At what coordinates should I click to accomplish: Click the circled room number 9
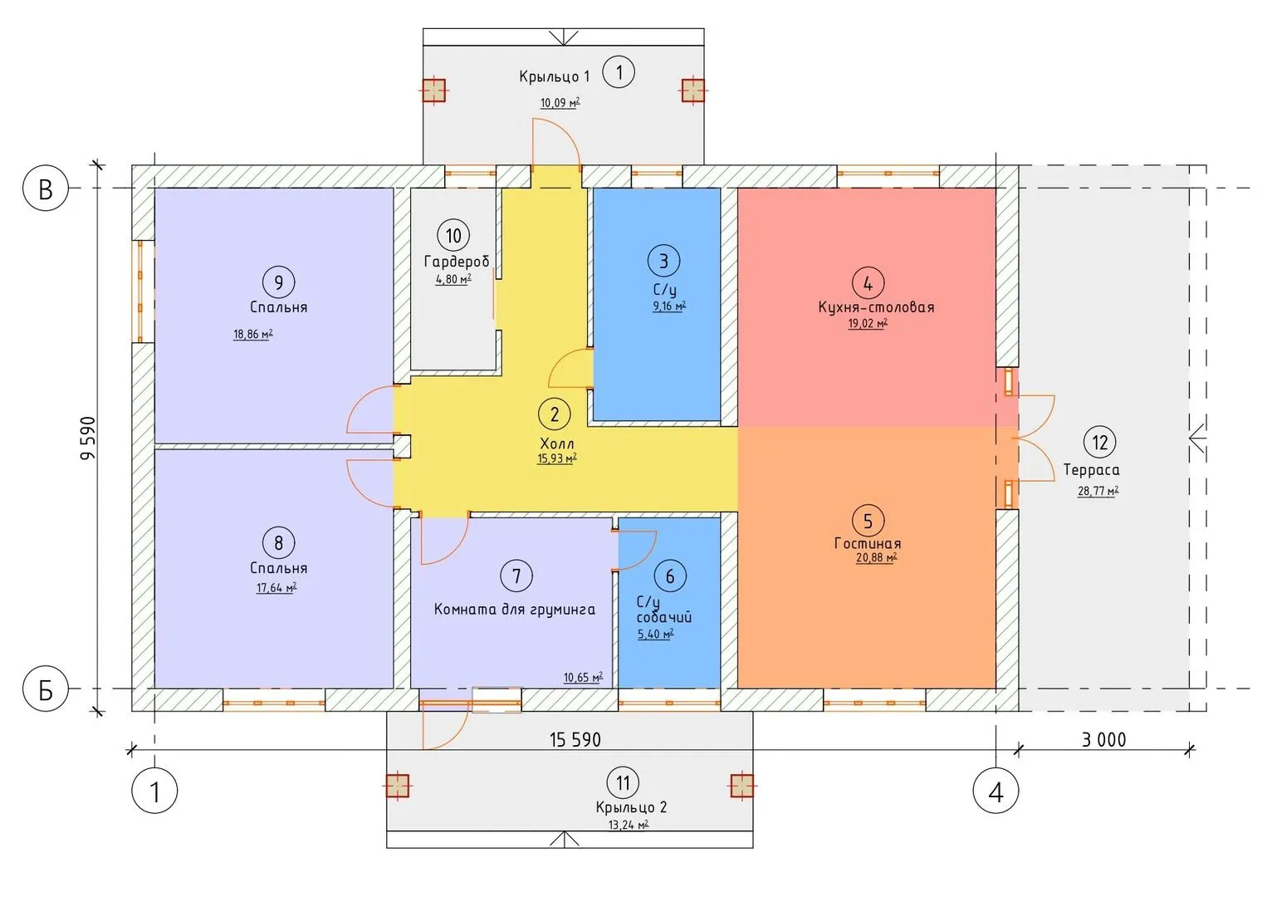pos(278,282)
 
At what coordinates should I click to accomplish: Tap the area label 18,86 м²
pos(253,334)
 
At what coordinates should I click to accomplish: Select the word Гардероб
pos(457,262)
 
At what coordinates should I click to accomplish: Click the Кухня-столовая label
pos(876,307)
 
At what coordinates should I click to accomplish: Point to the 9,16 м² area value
pos(670,306)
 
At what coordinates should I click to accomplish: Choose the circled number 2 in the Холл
pos(555,414)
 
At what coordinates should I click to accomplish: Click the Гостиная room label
pos(868,543)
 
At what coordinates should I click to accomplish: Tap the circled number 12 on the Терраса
pos(1099,442)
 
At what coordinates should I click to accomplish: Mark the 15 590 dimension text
pos(575,740)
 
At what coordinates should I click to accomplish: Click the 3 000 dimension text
pos(1103,740)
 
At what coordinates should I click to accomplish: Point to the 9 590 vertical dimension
pos(88,438)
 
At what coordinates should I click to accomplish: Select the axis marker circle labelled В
pos(45,188)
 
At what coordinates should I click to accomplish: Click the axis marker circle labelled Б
pos(45,689)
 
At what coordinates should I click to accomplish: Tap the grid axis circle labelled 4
pos(995,791)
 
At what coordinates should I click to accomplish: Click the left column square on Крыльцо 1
pos(434,90)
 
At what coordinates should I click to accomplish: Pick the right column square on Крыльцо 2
pos(741,786)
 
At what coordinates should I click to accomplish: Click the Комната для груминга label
pos(514,610)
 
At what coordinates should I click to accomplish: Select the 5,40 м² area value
pos(656,635)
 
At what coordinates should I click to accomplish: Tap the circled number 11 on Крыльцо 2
pos(623,782)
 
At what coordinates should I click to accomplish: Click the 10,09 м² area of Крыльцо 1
pos(560,103)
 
